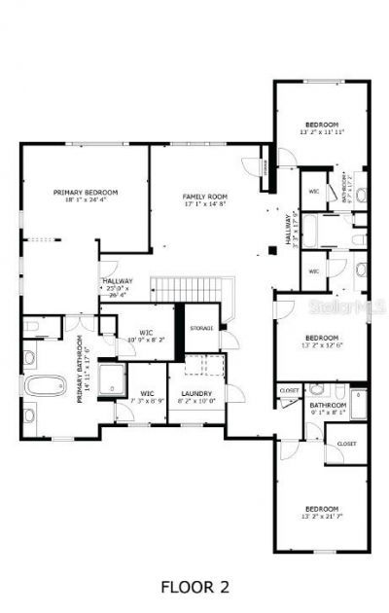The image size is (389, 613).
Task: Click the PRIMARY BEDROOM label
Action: [85, 193]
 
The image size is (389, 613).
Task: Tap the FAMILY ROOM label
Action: [203, 197]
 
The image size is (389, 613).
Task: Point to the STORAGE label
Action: [201, 327]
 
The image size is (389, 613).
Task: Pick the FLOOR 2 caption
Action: [194, 586]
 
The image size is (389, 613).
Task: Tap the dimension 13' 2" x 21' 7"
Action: [321, 517]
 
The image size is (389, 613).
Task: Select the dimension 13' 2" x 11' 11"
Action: [321, 131]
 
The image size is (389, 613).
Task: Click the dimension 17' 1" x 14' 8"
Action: [203, 204]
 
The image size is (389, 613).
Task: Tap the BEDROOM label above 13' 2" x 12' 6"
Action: [321, 337]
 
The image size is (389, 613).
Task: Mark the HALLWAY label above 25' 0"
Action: [118, 281]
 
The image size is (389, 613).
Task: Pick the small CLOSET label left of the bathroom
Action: [290, 390]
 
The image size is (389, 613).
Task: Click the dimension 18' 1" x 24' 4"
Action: [85, 200]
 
